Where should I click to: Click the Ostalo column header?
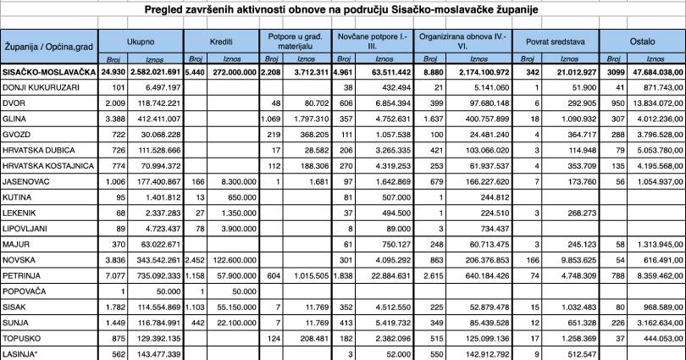point(642,40)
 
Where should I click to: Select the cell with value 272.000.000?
point(231,72)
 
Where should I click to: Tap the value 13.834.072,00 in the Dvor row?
point(654,102)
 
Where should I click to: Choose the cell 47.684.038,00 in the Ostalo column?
point(654,72)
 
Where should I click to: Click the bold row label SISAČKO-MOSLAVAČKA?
point(48,72)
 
